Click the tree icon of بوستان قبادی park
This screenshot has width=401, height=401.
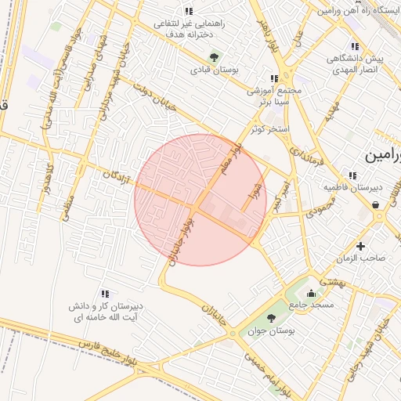[214, 56]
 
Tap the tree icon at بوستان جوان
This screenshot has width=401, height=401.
[271, 317]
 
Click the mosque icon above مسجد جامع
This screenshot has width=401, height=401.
[312, 294]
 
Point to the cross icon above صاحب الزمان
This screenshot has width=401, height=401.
[360, 246]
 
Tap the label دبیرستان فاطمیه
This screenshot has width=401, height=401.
[353, 188]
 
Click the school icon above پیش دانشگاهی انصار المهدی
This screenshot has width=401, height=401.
[355, 46]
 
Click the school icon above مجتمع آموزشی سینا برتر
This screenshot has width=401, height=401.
[273, 78]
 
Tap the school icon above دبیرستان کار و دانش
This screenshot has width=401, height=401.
[105, 293]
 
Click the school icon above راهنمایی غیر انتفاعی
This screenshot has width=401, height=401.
[188, 11]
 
